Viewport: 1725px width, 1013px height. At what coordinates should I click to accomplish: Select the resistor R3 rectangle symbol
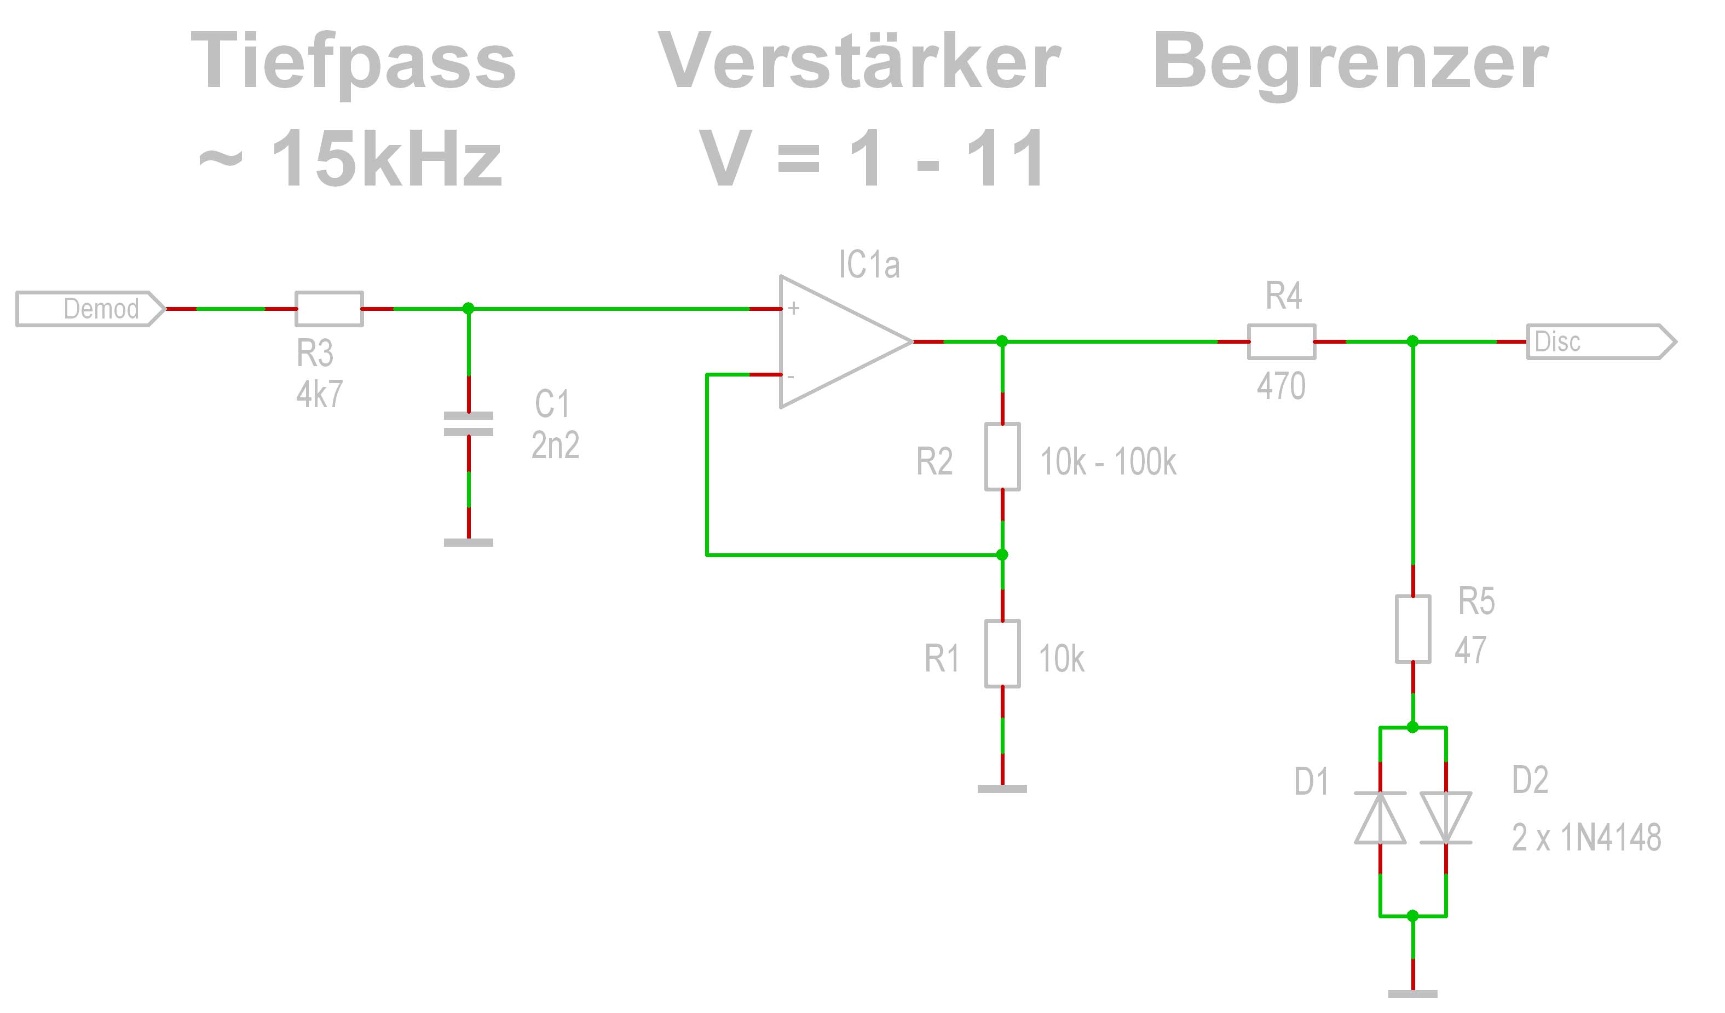coord(329,309)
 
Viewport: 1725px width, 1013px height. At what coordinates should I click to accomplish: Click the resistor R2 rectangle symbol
coord(1002,456)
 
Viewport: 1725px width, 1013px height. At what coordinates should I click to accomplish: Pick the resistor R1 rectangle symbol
coord(1002,653)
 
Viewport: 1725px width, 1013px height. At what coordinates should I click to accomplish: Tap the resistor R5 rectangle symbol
coord(1413,629)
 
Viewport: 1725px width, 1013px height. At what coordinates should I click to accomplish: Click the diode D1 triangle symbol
coord(1381,818)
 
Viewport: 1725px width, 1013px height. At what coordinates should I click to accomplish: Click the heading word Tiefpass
coord(353,63)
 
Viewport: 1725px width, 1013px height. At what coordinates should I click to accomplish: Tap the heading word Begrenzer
coord(1351,63)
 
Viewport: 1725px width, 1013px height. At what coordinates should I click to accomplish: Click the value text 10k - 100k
coord(1108,462)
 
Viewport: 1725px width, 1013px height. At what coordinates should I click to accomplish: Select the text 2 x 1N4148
coord(1586,838)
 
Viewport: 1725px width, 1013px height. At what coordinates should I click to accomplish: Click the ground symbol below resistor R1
coord(1002,789)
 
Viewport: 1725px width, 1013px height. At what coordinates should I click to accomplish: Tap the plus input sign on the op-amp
coord(793,309)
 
